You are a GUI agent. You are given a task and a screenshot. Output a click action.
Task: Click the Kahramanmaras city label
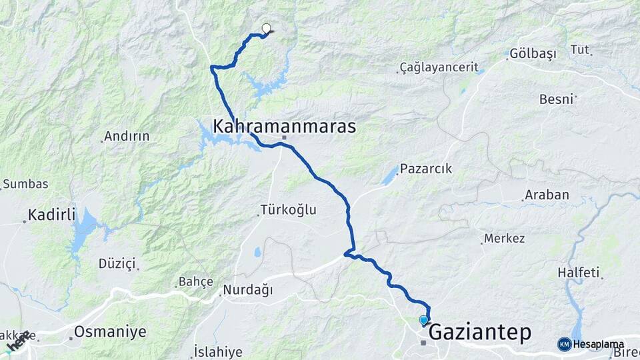coord(284,126)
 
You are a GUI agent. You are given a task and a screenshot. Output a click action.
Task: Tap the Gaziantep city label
coord(480,332)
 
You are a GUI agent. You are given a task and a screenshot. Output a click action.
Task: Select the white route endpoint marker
coord(267,29)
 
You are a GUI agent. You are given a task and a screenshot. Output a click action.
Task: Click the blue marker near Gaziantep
coord(423,321)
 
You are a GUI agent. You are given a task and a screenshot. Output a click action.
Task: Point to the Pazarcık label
coord(426,169)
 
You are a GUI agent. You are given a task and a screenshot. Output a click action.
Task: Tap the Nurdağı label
coord(248,290)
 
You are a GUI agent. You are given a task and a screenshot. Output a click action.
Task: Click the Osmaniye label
coord(101,331)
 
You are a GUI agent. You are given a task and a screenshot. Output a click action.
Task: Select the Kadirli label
coord(52,215)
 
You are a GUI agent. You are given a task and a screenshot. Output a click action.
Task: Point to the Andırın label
coord(127,137)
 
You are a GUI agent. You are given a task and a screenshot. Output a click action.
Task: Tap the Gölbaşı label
coord(533,55)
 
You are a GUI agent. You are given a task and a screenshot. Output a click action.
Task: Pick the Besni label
coord(557,99)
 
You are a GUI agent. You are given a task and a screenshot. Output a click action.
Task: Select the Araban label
coord(547,195)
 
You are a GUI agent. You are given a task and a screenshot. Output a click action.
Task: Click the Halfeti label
coord(579,273)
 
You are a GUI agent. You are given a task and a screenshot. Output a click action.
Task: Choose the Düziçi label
coord(117,263)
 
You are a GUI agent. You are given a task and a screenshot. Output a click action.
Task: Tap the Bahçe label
coord(195,282)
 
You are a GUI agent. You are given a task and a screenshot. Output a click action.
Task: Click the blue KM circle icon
coord(564,344)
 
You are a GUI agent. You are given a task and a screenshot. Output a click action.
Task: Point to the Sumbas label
coord(25,183)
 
